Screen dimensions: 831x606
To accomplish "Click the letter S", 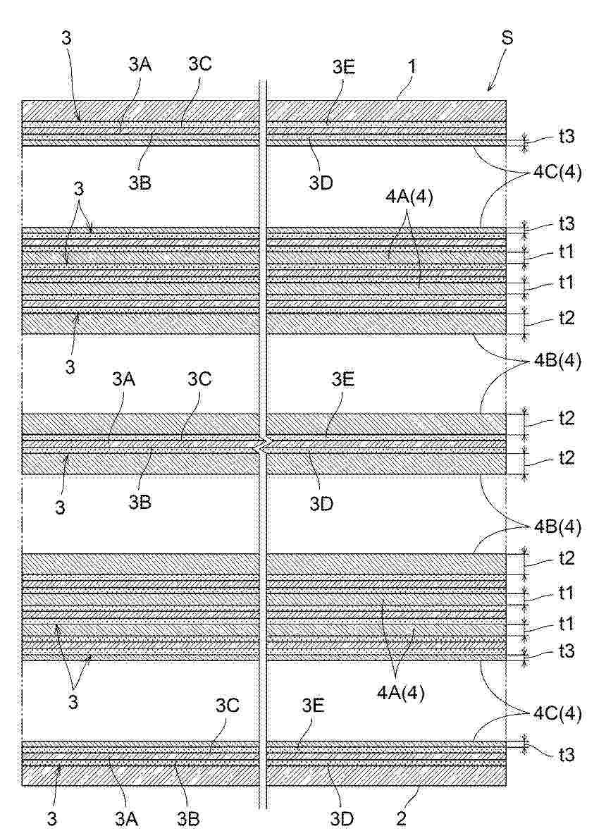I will tap(506, 39).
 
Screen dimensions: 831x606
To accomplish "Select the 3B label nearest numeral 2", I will tap(187, 818).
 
